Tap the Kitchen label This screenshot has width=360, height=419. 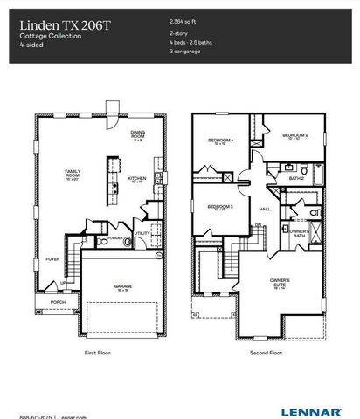(137, 179)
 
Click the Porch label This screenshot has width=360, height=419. (57, 302)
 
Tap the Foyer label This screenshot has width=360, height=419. (53, 258)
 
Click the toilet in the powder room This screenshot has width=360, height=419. (127, 241)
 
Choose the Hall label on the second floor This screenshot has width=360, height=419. (265, 209)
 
